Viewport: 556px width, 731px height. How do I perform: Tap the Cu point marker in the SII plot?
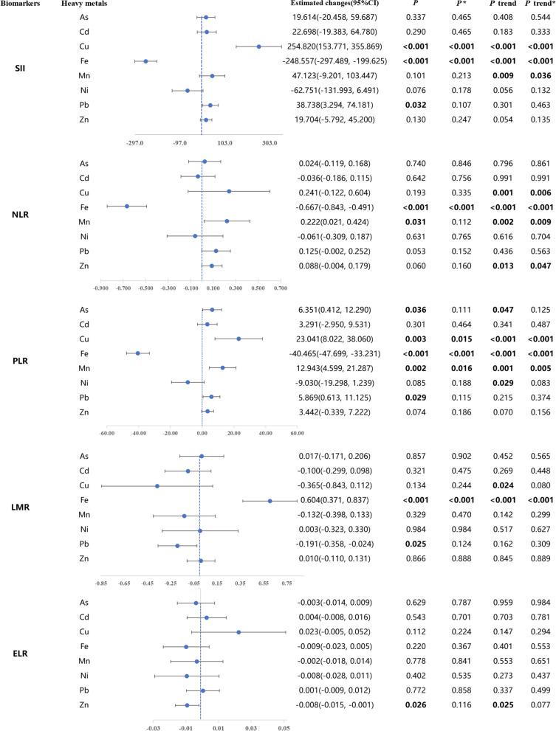tap(258, 46)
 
